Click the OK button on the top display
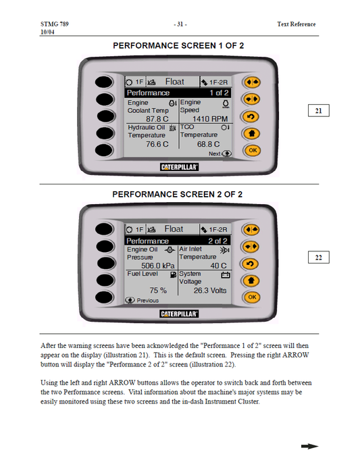click(253, 151)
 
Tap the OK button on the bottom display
click(252, 297)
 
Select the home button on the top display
click(252, 133)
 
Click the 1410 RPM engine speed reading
click(210, 119)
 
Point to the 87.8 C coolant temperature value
click(157, 119)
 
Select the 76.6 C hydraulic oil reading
click(157, 144)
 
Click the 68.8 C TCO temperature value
click(209, 144)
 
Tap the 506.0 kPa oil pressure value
click(158, 266)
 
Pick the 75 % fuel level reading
click(158, 291)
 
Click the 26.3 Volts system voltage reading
click(210, 291)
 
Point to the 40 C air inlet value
click(218, 266)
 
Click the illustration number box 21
click(319, 110)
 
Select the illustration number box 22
click(319, 257)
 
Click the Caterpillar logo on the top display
click(179, 167)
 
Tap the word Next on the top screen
click(214, 153)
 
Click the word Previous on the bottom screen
click(148, 301)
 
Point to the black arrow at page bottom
click(309, 446)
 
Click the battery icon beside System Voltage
click(226, 275)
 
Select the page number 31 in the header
click(180, 24)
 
